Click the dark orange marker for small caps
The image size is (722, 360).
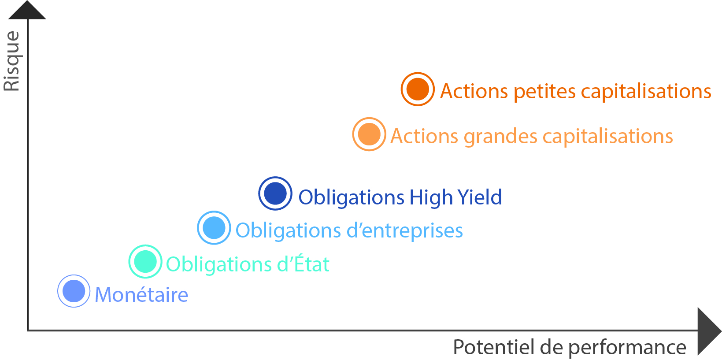coord(418,89)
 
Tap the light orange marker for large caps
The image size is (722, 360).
coord(369,134)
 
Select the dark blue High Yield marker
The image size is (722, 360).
coord(275,193)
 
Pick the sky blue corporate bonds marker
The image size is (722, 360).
coord(214,227)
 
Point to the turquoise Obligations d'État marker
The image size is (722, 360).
coord(145,261)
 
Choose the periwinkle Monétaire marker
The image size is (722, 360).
coord(74,291)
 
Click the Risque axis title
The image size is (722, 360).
coord(12,61)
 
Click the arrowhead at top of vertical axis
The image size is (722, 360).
coord(27,10)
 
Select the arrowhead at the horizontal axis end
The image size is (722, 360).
coord(709,331)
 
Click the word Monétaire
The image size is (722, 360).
coord(141,294)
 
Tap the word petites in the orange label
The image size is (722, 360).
coord(544,92)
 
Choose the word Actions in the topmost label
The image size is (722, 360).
coord(474,91)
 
